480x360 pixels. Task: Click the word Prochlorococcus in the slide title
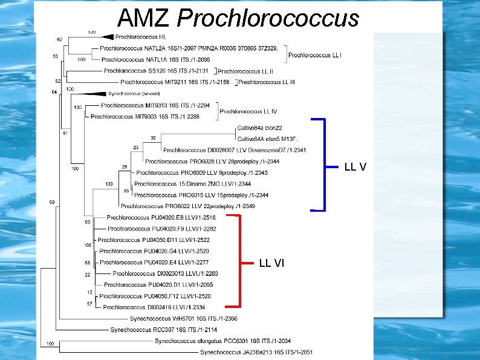coord(267,19)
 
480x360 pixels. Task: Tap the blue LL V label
coord(355,166)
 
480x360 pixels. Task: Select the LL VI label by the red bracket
coord(271,263)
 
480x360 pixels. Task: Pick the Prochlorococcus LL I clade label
coord(315,55)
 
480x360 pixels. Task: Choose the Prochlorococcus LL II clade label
coord(245,71)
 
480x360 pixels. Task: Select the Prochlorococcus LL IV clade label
coord(248,111)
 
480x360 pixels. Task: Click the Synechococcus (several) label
coord(134,94)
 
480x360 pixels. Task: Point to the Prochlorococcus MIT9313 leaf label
coord(155,106)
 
